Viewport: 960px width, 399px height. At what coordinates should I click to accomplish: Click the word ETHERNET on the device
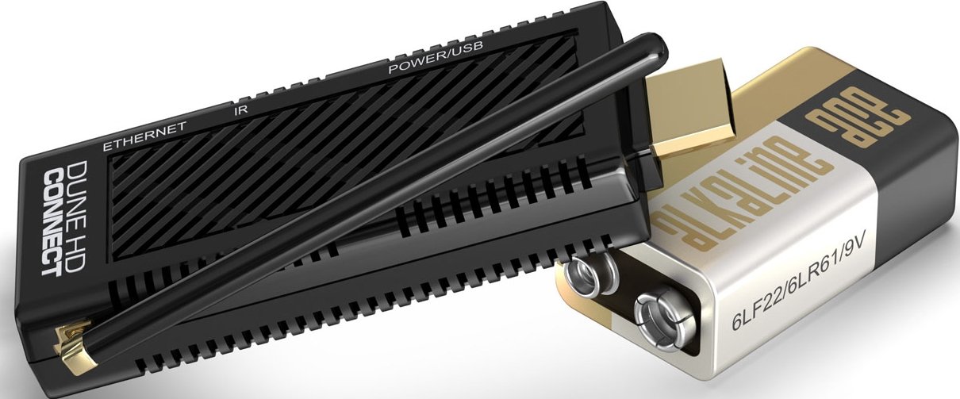click(x=145, y=136)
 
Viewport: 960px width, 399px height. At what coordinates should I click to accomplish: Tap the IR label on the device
click(x=241, y=109)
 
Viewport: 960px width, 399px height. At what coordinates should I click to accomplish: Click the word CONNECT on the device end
click(x=52, y=223)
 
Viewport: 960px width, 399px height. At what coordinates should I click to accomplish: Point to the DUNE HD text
click(x=78, y=217)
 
